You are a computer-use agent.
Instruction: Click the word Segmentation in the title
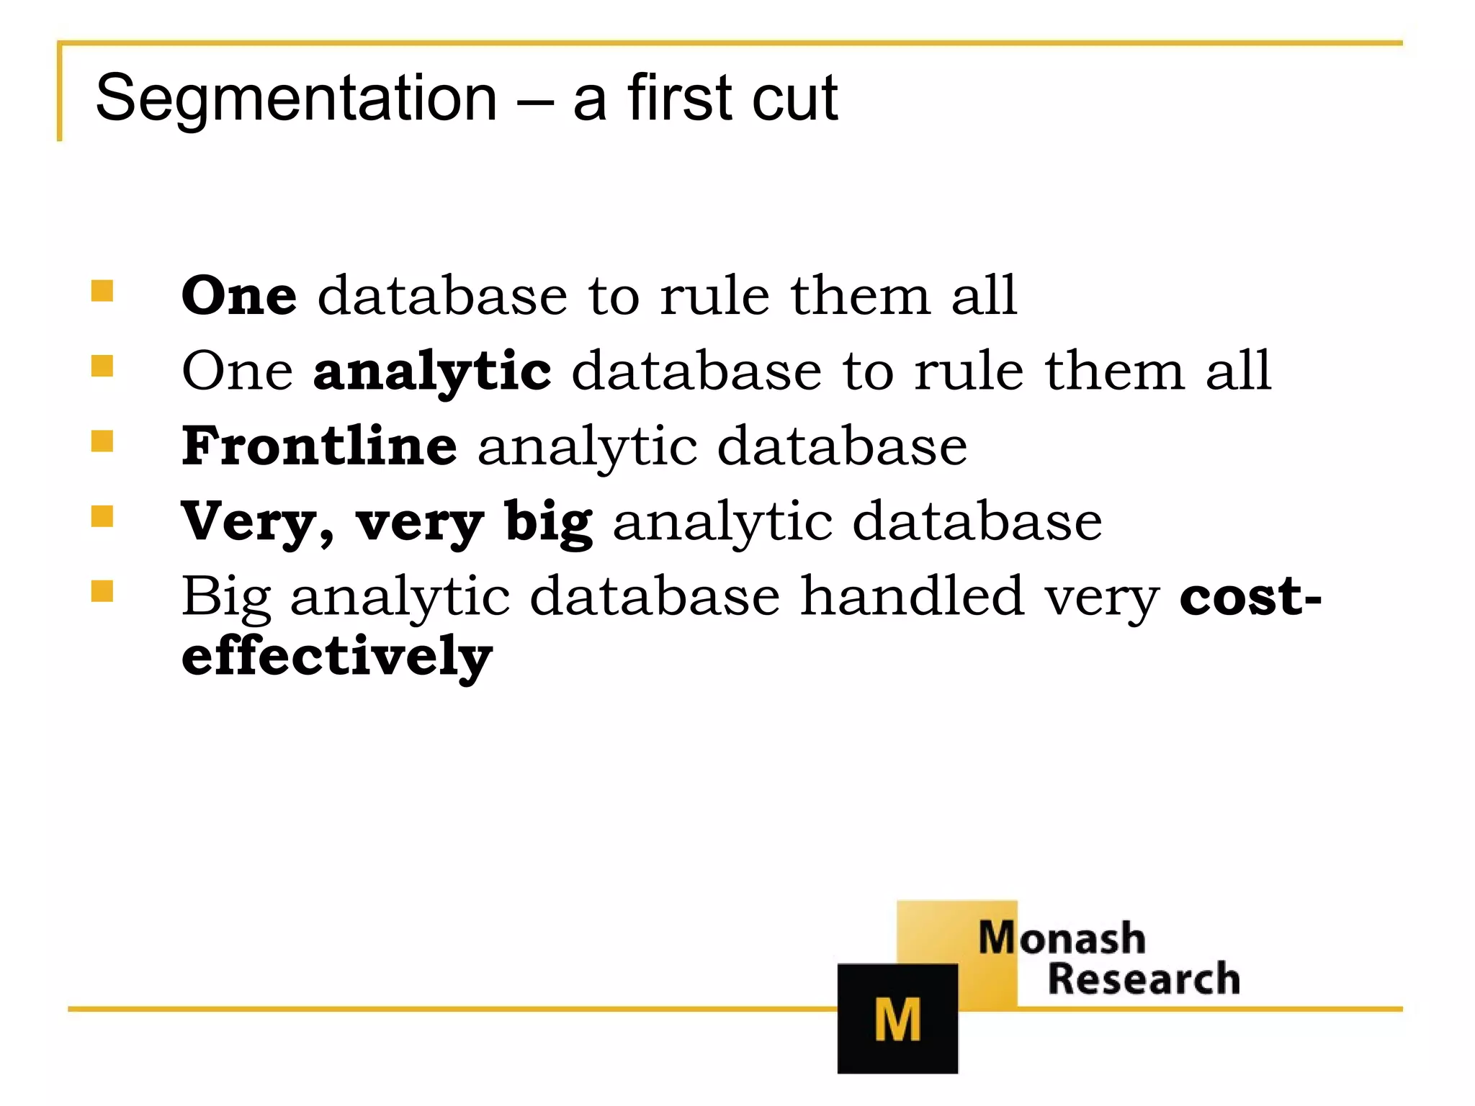tap(296, 99)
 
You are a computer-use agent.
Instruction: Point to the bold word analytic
tap(432, 372)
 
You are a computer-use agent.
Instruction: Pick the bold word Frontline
tap(319, 446)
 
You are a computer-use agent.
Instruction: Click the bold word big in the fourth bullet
tap(549, 522)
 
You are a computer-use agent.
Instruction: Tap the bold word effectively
tap(337, 656)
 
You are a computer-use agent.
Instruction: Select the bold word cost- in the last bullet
tap(1250, 596)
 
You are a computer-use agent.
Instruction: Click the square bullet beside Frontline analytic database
tap(102, 441)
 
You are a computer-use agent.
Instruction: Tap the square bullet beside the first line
tap(102, 291)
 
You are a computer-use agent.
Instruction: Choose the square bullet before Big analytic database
tap(102, 591)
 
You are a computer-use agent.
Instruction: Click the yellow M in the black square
tap(897, 1020)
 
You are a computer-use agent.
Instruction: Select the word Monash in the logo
tap(1062, 938)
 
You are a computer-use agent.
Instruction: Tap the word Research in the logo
tap(1144, 979)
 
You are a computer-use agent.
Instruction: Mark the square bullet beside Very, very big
tap(102, 516)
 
